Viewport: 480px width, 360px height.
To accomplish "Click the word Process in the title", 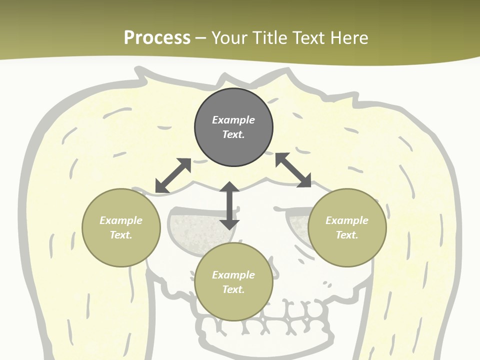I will (157, 38).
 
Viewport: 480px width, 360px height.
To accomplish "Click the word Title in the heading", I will (270, 38).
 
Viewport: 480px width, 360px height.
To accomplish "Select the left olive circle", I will (121, 245).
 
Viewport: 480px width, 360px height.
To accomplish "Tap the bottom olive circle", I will (233, 305).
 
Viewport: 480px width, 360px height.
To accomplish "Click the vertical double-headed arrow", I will (229, 205).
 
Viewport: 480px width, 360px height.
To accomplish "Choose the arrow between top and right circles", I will (293, 170).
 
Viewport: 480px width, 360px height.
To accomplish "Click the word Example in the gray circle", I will (233, 120).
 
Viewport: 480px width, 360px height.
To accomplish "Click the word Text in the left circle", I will (121, 235).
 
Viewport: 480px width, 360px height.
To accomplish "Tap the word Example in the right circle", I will (347, 220).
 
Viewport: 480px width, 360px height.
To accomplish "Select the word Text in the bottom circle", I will (233, 289).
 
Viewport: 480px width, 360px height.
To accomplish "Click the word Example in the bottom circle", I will (233, 275).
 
